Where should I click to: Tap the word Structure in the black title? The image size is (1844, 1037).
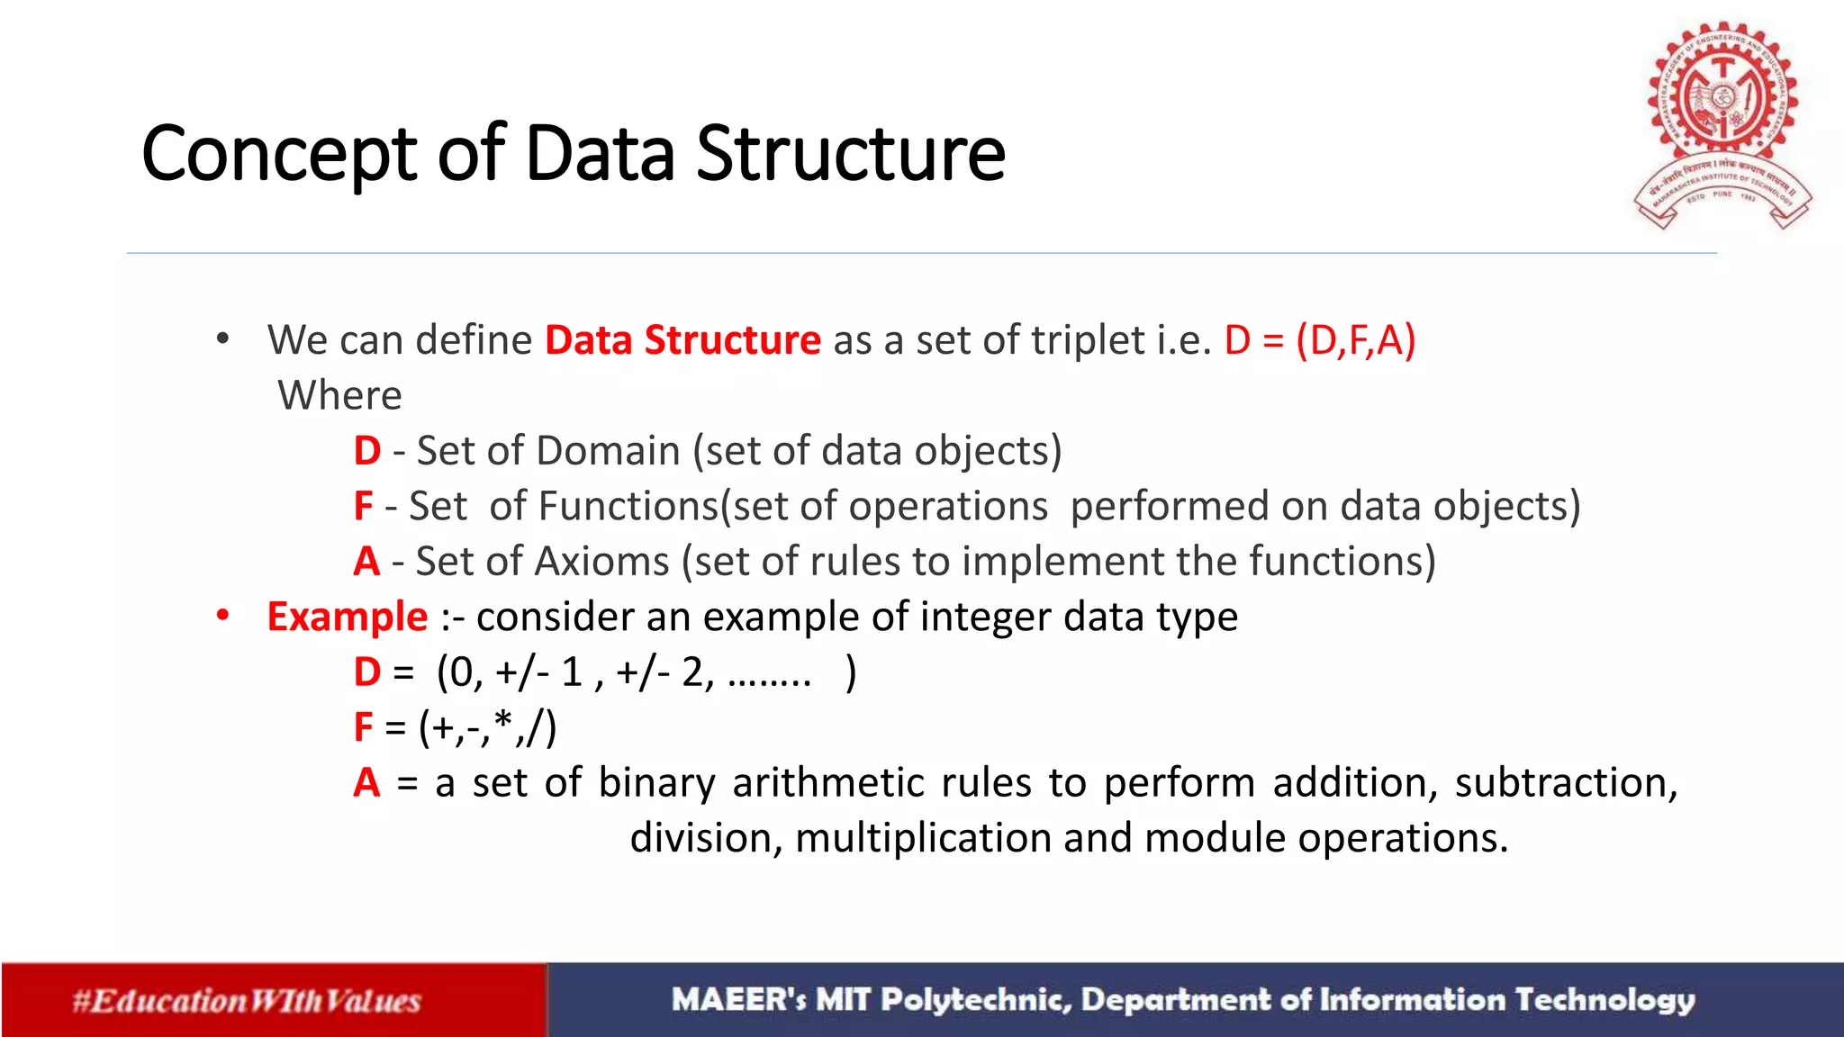point(850,153)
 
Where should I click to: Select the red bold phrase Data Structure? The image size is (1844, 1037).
point(682,340)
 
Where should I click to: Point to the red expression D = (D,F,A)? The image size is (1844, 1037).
point(1319,340)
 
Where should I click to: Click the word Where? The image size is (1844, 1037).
point(339,395)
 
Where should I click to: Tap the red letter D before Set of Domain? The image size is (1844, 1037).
point(366,451)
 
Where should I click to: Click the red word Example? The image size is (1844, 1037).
point(348,618)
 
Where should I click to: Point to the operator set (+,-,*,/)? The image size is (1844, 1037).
point(488,727)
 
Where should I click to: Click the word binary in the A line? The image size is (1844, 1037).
point(656,783)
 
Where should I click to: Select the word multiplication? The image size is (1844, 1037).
point(923,838)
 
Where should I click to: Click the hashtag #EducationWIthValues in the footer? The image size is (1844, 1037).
point(247,1001)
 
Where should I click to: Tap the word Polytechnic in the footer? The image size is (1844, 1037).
point(976,1000)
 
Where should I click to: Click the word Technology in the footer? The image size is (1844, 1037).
point(1604,1000)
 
